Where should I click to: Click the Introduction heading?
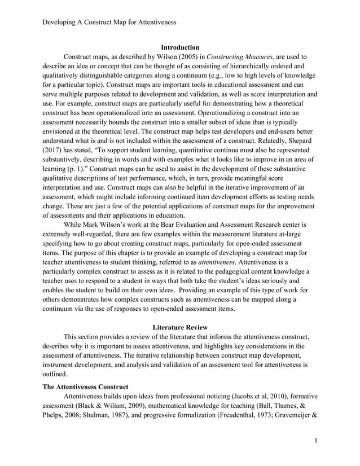click(180, 47)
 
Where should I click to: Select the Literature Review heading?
click(180, 327)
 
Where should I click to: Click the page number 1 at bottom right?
click(317, 439)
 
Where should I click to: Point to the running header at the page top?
click(110, 22)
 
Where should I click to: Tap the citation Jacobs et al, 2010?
click(247, 397)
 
